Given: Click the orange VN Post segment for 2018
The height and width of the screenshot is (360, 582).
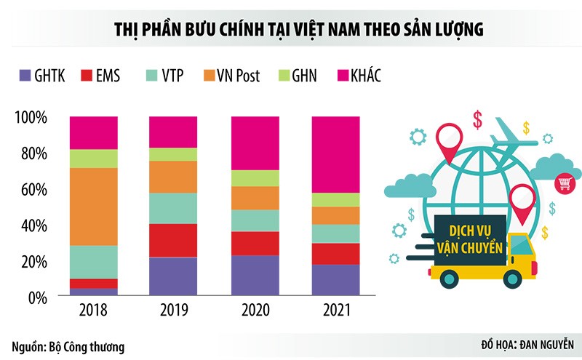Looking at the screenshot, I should pyautogui.click(x=93, y=207).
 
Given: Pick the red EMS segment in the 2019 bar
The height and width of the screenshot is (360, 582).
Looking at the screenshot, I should pyautogui.click(x=173, y=240).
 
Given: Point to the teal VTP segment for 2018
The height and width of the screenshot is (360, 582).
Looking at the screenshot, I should pyautogui.click(x=93, y=262).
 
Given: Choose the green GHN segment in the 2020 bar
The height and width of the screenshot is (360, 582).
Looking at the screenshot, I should pyautogui.click(x=255, y=178).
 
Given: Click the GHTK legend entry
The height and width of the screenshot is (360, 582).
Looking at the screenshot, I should pyautogui.click(x=41, y=75).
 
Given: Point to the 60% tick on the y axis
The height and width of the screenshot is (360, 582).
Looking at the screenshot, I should pyautogui.click(x=31, y=190).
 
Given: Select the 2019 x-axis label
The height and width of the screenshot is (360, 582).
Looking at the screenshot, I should pyautogui.click(x=173, y=311).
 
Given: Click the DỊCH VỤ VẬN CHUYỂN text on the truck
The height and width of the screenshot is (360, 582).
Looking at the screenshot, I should pyautogui.click(x=470, y=239).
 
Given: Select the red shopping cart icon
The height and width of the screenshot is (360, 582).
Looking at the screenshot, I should pyautogui.click(x=563, y=183).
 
